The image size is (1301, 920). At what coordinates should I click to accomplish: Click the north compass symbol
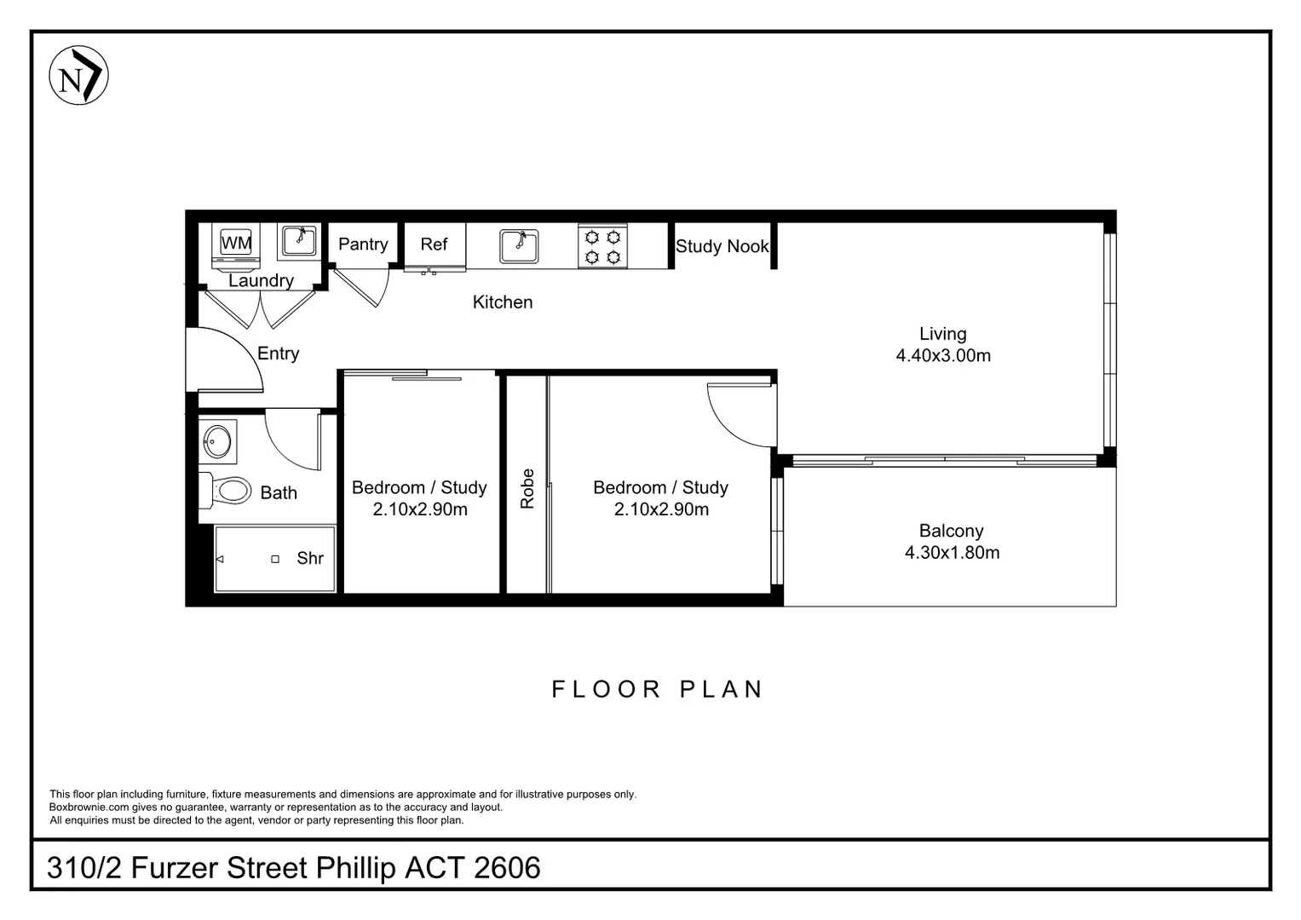(78, 76)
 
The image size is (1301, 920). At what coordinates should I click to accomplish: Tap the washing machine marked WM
(236, 243)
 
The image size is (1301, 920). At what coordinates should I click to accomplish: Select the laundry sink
(298, 241)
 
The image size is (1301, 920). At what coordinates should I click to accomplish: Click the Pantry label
(363, 244)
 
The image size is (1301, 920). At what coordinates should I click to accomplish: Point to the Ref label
(434, 244)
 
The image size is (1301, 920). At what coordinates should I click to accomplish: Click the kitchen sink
(519, 246)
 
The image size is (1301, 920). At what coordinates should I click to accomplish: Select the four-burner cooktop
(602, 246)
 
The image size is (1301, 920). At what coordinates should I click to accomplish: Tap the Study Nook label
(722, 247)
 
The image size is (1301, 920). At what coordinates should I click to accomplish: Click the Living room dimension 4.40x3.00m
(943, 356)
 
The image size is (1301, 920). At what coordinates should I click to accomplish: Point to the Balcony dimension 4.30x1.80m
(952, 553)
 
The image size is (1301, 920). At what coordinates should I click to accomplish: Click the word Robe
(527, 489)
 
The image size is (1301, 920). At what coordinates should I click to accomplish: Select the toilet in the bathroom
(227, 490)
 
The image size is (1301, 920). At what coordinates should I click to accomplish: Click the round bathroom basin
(217, 441)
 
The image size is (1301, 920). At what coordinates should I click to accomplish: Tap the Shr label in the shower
(310, 559)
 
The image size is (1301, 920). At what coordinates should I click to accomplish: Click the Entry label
(278, 354)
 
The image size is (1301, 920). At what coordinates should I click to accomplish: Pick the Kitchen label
(503, 302)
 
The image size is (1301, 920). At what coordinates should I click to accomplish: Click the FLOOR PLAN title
(658, 689)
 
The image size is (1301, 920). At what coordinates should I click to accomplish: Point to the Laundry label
(261, 281)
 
